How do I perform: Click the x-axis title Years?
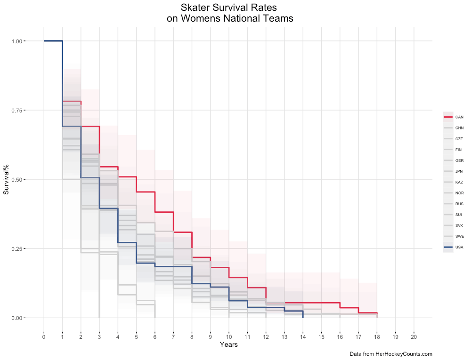pos(228,345)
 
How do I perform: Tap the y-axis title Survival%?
pos(7,179)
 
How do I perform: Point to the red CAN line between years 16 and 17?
pos(349,307)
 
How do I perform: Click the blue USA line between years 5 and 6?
pos(146,263)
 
